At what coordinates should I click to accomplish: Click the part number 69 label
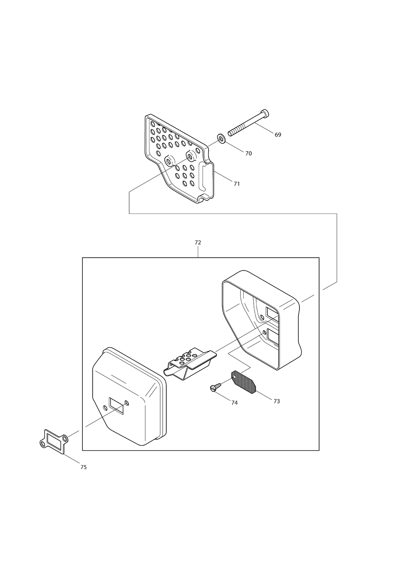coord(278,135)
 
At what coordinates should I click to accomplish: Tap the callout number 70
coord(248,153)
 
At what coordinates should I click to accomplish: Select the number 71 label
coord(236,184)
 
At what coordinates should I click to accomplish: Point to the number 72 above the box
coord(198,243)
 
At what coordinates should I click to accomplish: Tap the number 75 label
coord(83,467)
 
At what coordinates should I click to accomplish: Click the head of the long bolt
coord(266,113)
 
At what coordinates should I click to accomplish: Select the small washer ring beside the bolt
coord(221,138)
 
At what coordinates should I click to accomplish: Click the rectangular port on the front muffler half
coord(116,405)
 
